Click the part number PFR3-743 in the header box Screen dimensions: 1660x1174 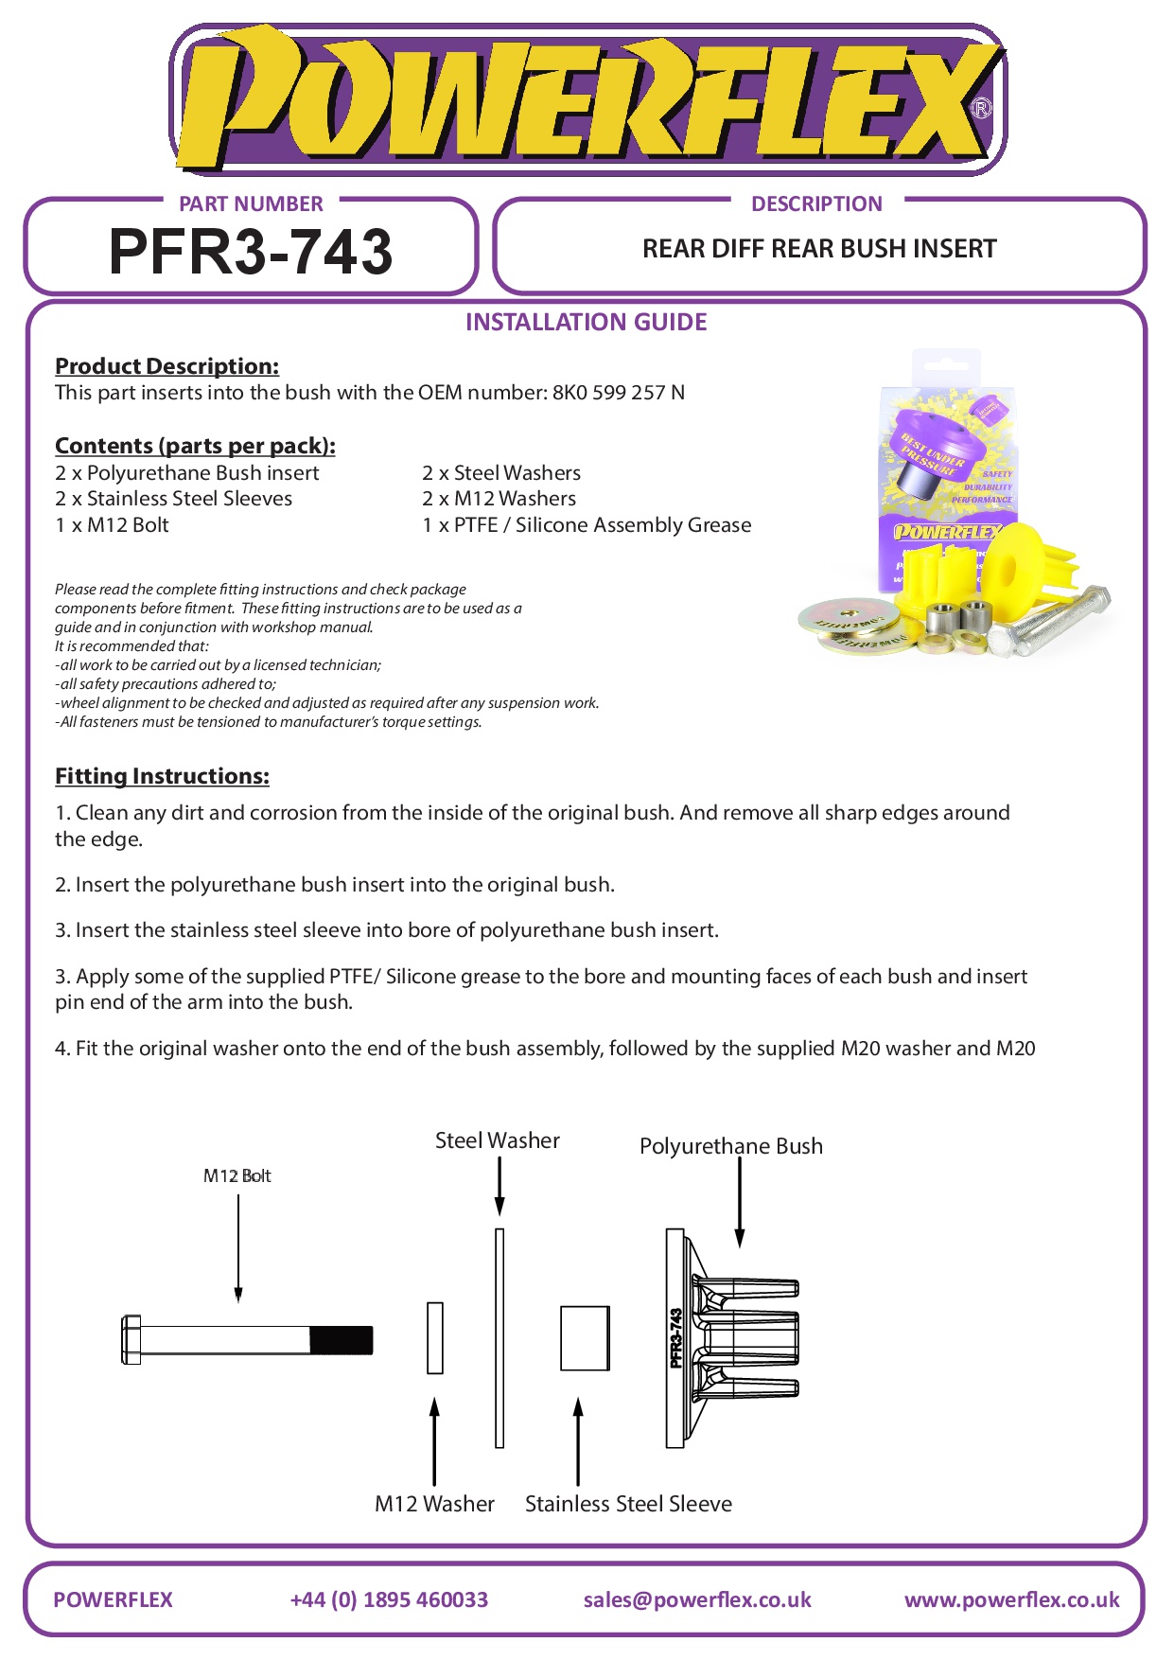[251, 252]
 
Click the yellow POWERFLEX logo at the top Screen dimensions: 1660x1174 [587, 100]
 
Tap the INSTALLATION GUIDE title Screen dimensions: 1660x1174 [586, 322]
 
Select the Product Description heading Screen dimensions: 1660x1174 [166, 366]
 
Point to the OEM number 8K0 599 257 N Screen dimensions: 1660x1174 [618, 393]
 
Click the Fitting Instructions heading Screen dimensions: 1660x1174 [162, 776]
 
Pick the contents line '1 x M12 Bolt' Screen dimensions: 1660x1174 [112, 525]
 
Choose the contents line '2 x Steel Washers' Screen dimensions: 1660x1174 [501, 473]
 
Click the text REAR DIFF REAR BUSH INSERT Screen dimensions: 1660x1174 [819, 249]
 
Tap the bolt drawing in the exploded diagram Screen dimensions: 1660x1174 [246, 1339]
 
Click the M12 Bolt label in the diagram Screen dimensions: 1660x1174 [237, 1175]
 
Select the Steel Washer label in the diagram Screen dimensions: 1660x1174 [497, 1140]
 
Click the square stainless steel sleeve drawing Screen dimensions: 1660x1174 [585, 1338]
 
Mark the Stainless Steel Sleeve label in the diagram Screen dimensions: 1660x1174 [628, 1504]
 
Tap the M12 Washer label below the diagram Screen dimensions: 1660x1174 [434, 1504]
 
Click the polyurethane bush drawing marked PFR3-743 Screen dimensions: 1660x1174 [728, 1338]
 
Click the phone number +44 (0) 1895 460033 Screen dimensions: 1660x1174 [389, 1599]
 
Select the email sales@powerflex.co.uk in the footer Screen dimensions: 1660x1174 [697, 1599]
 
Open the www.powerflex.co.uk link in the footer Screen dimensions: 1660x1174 [1011, 1599]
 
